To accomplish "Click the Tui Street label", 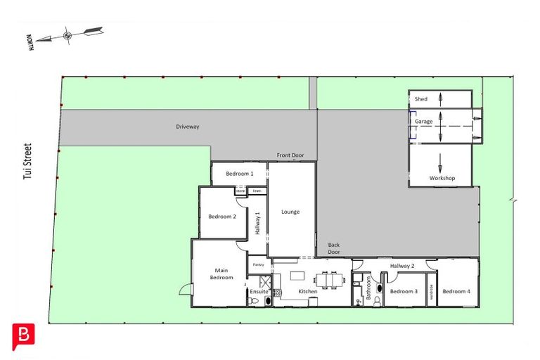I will point(27,163).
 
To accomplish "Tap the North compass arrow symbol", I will point(67,34).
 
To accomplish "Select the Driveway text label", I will point(188,127).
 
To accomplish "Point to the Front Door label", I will point(290,155).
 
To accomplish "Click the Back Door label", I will point(334,248).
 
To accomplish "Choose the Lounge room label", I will point(290,211).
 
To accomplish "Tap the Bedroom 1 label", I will point(239,174).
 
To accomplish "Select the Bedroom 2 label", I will point(222,217).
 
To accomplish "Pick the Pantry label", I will point(257,264).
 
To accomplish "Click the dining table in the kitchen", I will point(329,281).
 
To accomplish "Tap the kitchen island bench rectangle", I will point(297,275).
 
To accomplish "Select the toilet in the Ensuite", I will point(266,301).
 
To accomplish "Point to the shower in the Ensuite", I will point(276,292).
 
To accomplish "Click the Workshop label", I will point(442,178).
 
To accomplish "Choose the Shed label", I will point(421,99).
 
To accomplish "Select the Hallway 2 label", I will point(402,266).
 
